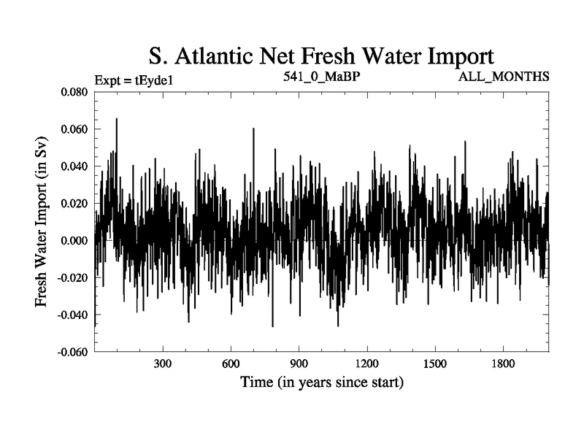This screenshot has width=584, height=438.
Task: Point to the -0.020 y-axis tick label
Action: pyautogui.click(x=71, y=278)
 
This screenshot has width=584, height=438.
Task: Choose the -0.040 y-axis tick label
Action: pyautogui.click(x=71, y=315)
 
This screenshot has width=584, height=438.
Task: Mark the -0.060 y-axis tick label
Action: pyautogui.click(x=71, y=353)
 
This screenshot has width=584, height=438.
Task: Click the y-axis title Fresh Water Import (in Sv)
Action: pyautogui.click(x=43, y=222)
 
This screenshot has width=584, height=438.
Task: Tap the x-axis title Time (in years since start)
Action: pyautogui.click(x=322, y=382)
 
